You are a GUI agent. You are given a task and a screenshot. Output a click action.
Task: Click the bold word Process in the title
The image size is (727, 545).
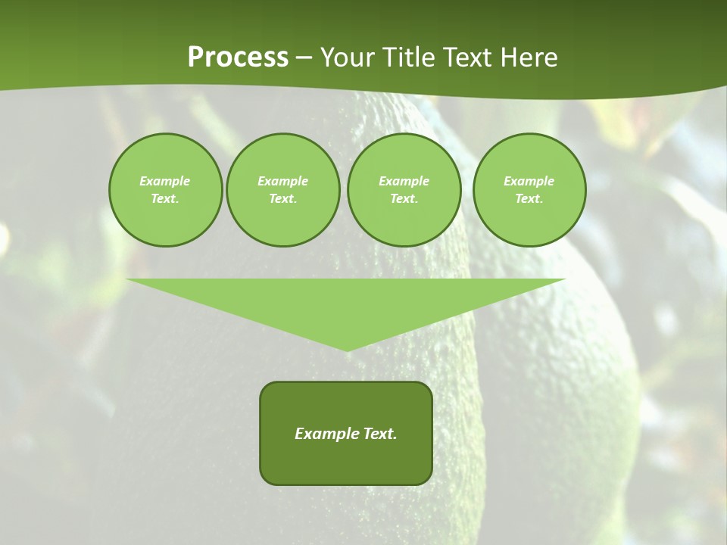tap(238, 58)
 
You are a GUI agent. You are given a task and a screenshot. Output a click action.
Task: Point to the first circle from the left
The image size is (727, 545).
tap(165, 190)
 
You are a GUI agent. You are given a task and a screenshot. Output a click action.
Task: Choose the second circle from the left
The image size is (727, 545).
tap(282, 190)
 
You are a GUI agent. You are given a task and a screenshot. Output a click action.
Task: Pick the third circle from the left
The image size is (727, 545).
tap(404, 190)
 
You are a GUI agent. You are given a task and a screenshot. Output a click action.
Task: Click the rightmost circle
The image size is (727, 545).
tap(529, 190)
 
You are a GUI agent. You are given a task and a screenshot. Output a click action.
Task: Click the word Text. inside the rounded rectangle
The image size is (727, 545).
tap(379, 434)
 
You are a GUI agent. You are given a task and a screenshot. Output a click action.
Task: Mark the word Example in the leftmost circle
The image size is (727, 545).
tap(165, 181)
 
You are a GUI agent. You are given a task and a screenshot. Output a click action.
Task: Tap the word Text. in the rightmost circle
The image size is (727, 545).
tap(529, 199)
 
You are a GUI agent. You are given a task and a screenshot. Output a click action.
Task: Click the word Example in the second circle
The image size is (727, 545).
tap(282, 181)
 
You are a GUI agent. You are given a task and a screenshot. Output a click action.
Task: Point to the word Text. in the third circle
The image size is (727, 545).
tap(404, 199)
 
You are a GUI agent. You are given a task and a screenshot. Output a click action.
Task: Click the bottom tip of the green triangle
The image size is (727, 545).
tap(347, 348)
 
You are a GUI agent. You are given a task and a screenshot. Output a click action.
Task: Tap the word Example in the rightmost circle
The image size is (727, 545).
tap(529, 181)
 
